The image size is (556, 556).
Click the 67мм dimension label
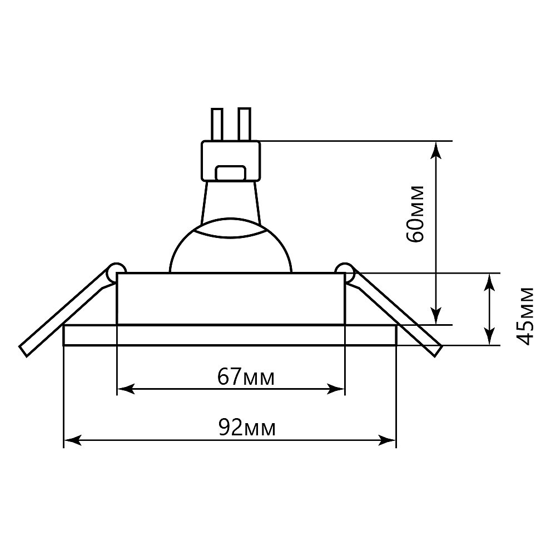(246, 377)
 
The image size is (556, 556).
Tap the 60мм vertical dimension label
(415, 214)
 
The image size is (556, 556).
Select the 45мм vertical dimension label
(524, 316)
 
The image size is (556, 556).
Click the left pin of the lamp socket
(217, 125)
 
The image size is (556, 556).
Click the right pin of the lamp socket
(245, 125)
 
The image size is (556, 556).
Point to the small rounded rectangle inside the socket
(231, 173)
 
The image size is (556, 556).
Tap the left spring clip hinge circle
(117, 272)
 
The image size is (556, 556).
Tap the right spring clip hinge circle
(344, 272)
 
